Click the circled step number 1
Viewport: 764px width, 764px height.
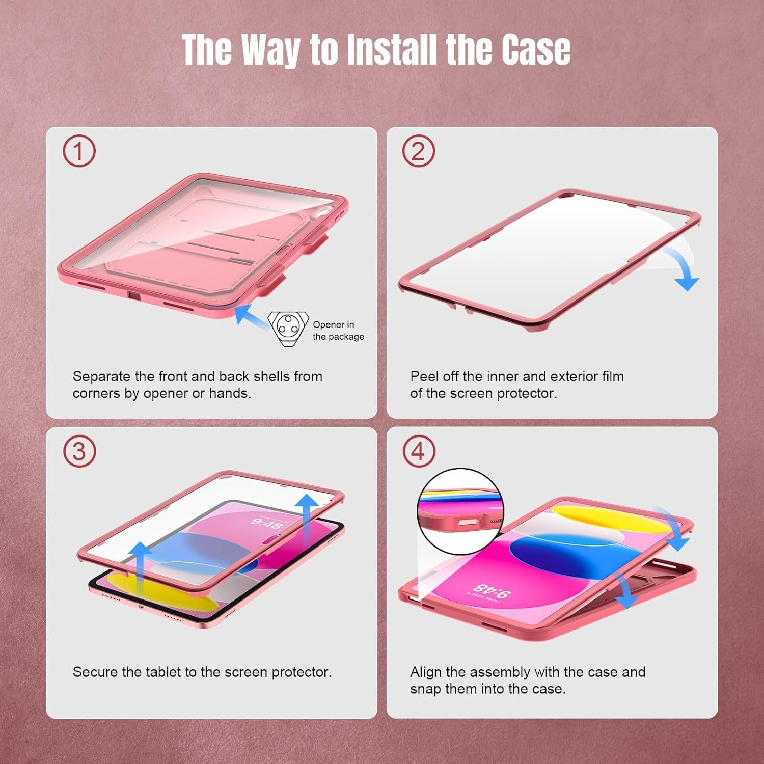(79, 151)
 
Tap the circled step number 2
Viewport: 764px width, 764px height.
(418, 151)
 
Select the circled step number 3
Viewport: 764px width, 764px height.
(79, 451)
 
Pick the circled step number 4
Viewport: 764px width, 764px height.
(418, 451)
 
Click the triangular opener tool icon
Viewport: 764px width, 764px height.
(288, 328)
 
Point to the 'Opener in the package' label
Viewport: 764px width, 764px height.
(338, 331)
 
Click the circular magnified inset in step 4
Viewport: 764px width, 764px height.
(460, 511)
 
